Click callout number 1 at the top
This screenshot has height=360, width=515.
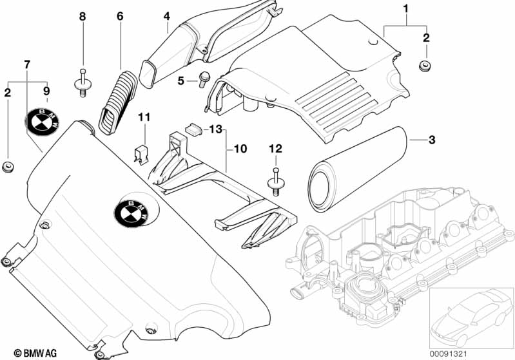point(405,8)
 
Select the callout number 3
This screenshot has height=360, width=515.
point(432,140)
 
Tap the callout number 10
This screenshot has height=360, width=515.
point(240,149)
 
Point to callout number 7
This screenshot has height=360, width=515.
point(26,64)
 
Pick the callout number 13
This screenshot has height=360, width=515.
point(215,129)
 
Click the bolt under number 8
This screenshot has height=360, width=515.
point(83,83)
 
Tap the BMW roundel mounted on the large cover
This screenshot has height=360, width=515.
point(133,211)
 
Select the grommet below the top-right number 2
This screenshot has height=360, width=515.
point(425,65)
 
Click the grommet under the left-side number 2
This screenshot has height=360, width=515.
point(8,168)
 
